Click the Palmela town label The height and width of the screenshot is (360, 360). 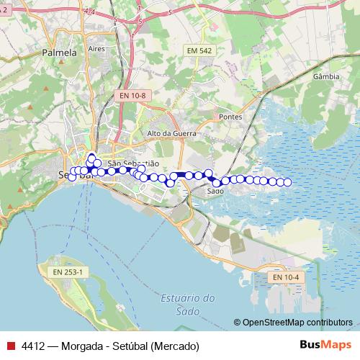59,53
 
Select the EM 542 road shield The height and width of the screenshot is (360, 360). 199,50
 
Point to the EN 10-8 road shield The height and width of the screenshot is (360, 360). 132,95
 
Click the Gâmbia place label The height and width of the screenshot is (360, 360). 327,75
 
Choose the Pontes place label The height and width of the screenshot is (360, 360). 231,117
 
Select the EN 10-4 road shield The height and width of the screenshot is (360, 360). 286,277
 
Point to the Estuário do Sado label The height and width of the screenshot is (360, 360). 188,304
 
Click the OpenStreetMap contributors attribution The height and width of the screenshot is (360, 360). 297,322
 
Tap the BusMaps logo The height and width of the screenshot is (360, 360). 325,346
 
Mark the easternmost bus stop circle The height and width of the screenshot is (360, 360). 288,182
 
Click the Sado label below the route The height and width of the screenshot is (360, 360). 215,192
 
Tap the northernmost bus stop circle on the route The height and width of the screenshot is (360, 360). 91,156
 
